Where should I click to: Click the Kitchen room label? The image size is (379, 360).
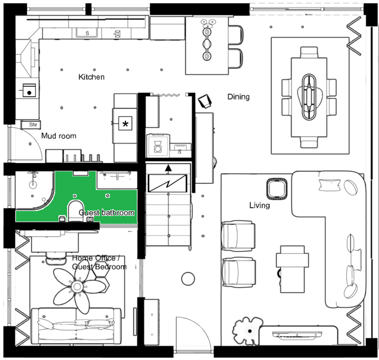91,77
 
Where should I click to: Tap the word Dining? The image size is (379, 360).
239,97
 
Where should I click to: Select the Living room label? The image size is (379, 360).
260,206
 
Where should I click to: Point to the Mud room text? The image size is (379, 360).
59,136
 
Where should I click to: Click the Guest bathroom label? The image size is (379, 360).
107,213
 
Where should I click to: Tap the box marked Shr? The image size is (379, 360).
31,125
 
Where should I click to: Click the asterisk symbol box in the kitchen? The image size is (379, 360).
125,123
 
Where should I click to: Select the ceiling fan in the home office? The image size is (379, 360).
78,287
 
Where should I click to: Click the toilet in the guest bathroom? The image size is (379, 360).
76,211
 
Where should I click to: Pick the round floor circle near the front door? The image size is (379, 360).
188,279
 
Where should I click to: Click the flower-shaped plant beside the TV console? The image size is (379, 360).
248,330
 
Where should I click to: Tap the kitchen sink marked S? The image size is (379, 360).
87,33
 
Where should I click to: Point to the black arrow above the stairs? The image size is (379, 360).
168,168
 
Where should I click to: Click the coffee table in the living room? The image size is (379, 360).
292,269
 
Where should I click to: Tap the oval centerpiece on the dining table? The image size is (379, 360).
309,97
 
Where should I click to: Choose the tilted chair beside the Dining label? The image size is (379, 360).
205,101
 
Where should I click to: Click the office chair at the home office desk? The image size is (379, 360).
56,258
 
